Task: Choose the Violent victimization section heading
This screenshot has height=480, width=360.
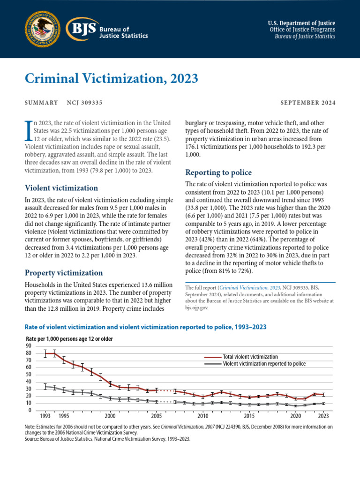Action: tap(61, 188)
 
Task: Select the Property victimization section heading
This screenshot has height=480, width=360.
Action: tap(63, 272)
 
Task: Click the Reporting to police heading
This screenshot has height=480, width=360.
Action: tap(218, 172)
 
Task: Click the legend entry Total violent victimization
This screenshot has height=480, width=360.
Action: tap(250, 357)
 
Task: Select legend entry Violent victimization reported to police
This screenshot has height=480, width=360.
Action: tap(264, 363)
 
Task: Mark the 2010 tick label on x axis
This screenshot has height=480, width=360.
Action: tap(202, 416)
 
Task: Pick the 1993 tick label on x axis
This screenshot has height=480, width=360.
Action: tap(45, 416)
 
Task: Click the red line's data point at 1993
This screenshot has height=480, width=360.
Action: tap(45, 353)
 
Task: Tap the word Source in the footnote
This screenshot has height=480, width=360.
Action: tap(33, 439)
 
